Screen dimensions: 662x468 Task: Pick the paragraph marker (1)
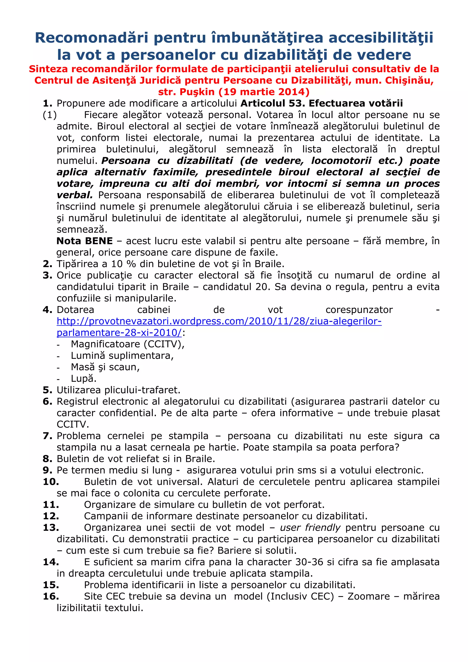pyautogui.click(x=50, y=115)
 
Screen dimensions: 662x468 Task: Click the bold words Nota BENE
pyautogui.click(x=85, y=241)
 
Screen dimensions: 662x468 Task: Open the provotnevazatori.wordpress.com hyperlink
pyautogui.click(x=219, y=321)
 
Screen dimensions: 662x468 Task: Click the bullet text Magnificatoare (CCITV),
pyautogui.click(x=128, y=344)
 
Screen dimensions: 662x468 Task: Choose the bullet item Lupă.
pyautogui.click(x=84, y=378)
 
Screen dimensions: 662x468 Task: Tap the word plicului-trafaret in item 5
pyautogui.click(x=142, y=390)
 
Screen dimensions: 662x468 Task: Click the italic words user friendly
pyautogui.click(x=310, y=527)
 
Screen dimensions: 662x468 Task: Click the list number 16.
pyautogui.click(x=51, y=596)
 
